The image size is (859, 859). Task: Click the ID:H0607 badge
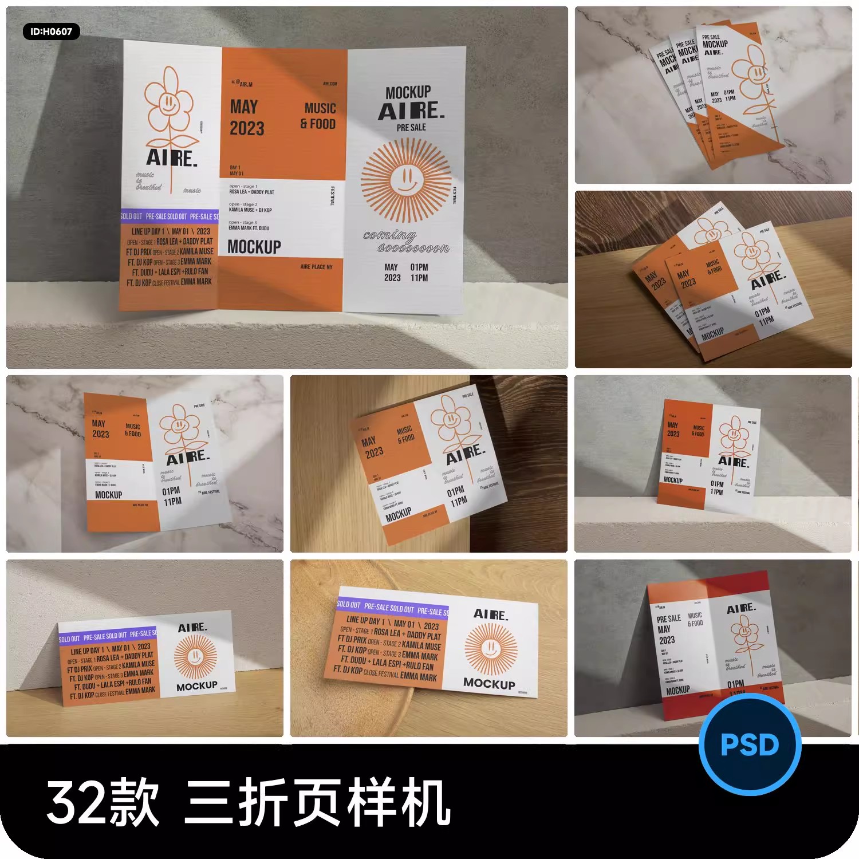tap(51, 31)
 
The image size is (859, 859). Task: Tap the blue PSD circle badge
tap(750, 744)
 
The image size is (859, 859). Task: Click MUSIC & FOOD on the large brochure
tap(318, 116)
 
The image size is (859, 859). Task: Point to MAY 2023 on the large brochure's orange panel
tap(247, 118)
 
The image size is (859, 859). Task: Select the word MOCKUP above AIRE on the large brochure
tap(408, 92)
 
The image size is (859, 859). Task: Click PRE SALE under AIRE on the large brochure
tap(411, 127)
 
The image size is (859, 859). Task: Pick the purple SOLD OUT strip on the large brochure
tap(170, 216)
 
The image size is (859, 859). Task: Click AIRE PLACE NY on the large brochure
tap(316, 267)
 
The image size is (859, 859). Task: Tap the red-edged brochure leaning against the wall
tap(713, 647)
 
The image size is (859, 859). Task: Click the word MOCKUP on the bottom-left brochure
tap(196, 685)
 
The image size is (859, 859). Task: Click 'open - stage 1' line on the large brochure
tap(243, 186)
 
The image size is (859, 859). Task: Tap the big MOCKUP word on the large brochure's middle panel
tap(254, 247)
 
